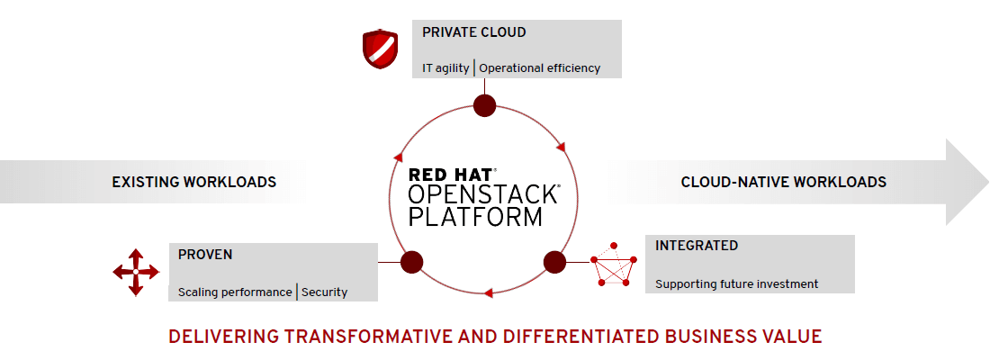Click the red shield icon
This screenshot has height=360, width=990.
click(x=379, y=49)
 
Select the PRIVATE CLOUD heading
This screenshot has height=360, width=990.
click(x=473, y=32)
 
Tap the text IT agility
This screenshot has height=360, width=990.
click(x=445, y=68)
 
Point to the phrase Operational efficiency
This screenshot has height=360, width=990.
click(x=539, y=68)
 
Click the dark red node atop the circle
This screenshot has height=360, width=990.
click(x=485, y=105)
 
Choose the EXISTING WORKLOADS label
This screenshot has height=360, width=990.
click(x=193, y=182)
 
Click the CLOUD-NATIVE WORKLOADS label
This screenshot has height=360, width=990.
click(x=783, y=182)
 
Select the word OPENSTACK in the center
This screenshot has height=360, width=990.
click(x=483, y=196)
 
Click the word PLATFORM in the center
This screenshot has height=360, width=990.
click(x=475, y=217)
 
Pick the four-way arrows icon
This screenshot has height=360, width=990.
click(x=135, y=271)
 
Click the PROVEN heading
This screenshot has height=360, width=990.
click(x=205, y=255)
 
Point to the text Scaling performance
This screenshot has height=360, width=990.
click(x=235, y=292)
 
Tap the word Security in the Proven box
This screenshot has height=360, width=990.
click(x=324, y=292)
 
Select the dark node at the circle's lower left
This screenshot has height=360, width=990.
click(x=411, y=262)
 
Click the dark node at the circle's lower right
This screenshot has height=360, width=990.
click(x=554, y=262)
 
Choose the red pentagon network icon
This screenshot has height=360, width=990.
click(x=613, y=265)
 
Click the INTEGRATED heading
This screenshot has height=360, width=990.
click(x=697, y=246)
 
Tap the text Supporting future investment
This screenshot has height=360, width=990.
click(x=736, y=284)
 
